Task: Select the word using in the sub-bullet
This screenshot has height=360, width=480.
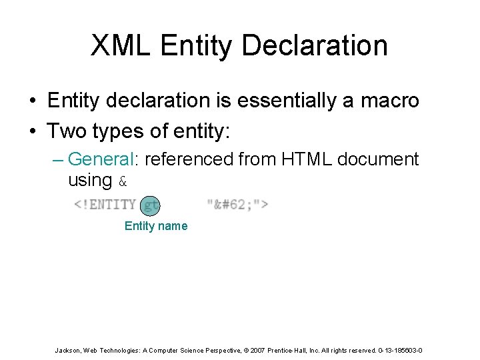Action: click(x=90, y=180)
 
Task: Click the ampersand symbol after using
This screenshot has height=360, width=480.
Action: click(x=122, y=181)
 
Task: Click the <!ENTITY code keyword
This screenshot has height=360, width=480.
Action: click(x=105, y=204)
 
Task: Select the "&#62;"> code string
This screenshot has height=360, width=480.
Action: click(x=237, y=204)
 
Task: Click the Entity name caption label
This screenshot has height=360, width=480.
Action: click(x=156, y=226)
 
